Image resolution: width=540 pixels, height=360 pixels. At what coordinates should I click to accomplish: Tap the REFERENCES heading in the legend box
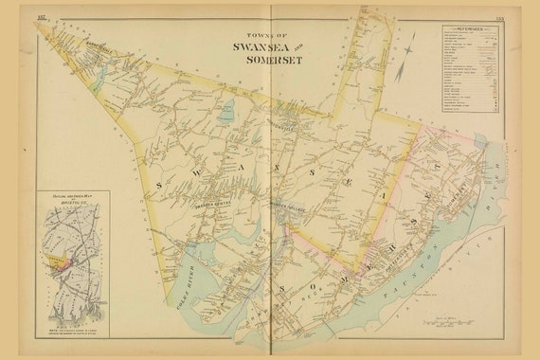(468, 29)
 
